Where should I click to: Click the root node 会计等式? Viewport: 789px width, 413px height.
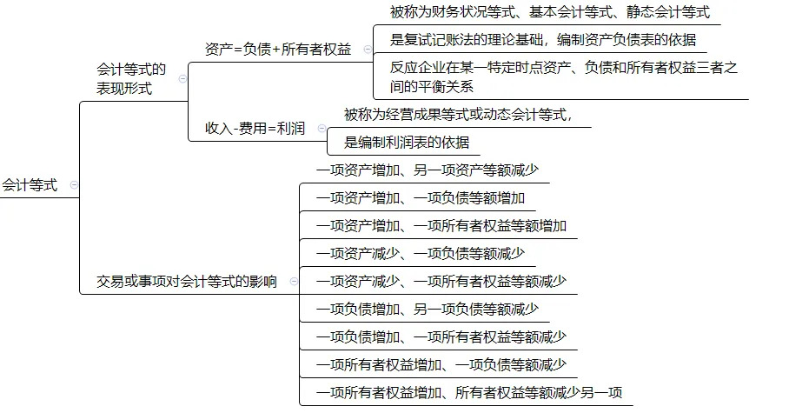[30, 185]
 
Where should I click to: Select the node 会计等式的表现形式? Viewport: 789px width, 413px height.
[131, 79]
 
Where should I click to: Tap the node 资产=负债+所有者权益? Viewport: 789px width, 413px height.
[278, 50]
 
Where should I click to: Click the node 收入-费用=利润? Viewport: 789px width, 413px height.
[255, 129]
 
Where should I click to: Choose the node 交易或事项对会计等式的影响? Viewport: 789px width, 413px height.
[187, 282]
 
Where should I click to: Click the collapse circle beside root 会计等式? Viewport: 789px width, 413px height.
[73, 185]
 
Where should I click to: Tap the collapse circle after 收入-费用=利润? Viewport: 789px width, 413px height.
[317, 129]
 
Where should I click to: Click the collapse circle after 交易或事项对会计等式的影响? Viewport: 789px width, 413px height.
[293, 282]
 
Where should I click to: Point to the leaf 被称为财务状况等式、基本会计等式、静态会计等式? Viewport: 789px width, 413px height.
[550, 12]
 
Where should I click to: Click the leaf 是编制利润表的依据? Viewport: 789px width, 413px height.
[407, 143]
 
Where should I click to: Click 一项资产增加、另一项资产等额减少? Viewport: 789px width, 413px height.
[428, 170]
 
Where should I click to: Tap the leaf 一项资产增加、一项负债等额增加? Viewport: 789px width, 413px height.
[421, 198]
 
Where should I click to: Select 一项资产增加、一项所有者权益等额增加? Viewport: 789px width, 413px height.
[441, 226]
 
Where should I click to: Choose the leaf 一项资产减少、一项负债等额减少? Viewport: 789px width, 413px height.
[421, 254]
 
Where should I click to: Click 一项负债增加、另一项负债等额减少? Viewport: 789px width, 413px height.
[428, 310]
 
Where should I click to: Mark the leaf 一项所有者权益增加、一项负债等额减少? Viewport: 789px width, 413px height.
[441, 365]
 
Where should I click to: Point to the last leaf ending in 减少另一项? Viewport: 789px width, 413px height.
[469, 393]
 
